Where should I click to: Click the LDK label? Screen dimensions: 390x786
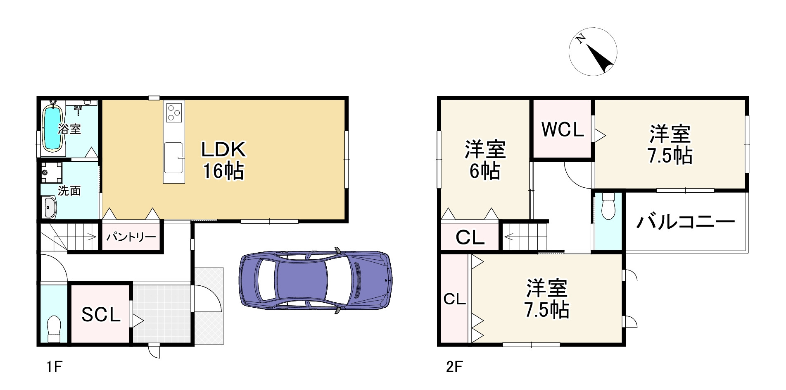pos(223,150)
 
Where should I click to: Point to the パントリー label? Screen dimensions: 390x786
pos(131,237)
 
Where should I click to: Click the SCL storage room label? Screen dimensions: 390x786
pos(101,315)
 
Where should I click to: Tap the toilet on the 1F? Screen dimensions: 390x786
pos(54,329)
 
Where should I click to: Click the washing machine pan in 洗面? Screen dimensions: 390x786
pos(52,172)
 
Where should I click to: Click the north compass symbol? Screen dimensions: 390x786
pos(593,52)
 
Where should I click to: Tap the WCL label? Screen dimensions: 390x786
pos(563,129)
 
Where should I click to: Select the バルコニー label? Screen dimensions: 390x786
pos(685,223)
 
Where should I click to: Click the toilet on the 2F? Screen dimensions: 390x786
pos(608,207)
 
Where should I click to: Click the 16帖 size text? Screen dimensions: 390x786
pos(223,171)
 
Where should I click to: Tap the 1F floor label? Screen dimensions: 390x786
pos(54,367)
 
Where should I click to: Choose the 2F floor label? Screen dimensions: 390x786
pos(454,367)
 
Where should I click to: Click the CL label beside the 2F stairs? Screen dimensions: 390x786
pos(470,237)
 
